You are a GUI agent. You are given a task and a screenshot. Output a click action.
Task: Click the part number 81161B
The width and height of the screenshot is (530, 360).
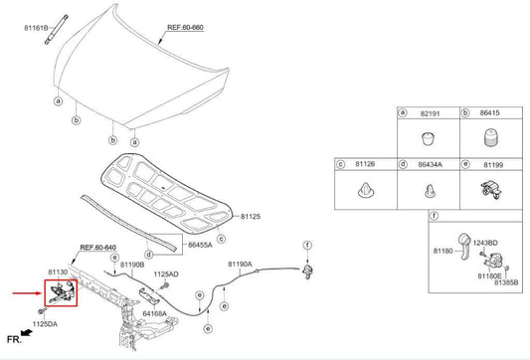click(36, 28)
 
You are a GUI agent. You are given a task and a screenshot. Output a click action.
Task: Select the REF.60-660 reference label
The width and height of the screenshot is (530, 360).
click(185, 28)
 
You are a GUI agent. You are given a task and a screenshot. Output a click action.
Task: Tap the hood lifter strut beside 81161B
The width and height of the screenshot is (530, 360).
click(56, 30)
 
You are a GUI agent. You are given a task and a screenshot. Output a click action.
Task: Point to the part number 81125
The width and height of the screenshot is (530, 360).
click(251, 217)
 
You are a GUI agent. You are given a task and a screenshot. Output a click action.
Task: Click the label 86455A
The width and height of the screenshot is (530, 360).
click(200, 245)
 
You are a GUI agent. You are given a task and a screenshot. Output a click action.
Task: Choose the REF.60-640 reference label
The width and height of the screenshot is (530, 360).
click(98, 248)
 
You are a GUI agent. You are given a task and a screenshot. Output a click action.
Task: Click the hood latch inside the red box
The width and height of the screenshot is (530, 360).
click(62, 292)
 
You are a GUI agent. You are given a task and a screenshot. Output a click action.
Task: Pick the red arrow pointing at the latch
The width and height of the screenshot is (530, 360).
click(27, 293)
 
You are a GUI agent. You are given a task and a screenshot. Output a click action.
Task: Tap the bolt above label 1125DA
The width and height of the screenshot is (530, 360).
click(42, 310)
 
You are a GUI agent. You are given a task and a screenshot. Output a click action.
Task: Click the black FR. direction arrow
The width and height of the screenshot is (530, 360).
click(27, 333)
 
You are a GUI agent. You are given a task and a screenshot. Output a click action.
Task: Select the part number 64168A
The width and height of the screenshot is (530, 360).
click(154, 313)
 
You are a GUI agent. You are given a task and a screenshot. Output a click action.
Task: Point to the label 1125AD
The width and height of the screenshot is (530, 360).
click(166, 274)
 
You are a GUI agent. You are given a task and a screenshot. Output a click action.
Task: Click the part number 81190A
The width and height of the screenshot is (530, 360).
click(240, 264)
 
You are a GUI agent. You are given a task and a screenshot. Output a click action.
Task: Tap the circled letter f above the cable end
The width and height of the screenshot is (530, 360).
click(307, 245)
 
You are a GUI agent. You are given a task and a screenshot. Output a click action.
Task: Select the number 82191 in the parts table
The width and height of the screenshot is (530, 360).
click(431, 113)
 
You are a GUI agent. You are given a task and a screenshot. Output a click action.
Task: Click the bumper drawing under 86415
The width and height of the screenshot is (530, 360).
click(490, 137)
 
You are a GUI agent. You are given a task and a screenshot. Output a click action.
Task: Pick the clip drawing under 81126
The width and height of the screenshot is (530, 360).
click(366, 191)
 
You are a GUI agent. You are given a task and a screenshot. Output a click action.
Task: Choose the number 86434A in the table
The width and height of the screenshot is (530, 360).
click(430, 165)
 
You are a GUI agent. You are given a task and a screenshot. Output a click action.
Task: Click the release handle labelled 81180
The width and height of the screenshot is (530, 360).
click(464, 246)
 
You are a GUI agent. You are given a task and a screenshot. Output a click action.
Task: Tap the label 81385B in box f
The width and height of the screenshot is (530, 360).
click(506, 282)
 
